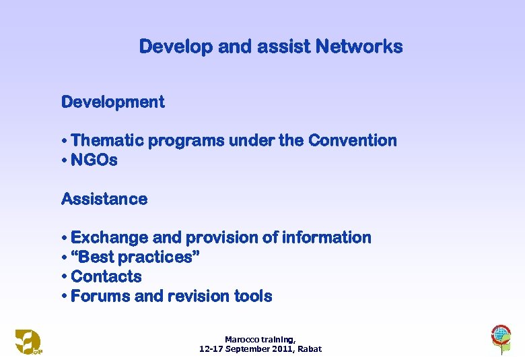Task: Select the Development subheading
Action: [113, 102]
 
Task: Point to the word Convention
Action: [352, 141]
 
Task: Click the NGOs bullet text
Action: [94, 160]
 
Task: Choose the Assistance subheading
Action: [104, 200]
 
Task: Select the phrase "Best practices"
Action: [135, 257]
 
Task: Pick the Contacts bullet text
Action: [106, 277]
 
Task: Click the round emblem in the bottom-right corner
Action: [500, 336]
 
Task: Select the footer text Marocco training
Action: [260, 340]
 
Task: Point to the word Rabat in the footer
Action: [310, 349]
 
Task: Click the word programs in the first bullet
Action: [186, 141]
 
